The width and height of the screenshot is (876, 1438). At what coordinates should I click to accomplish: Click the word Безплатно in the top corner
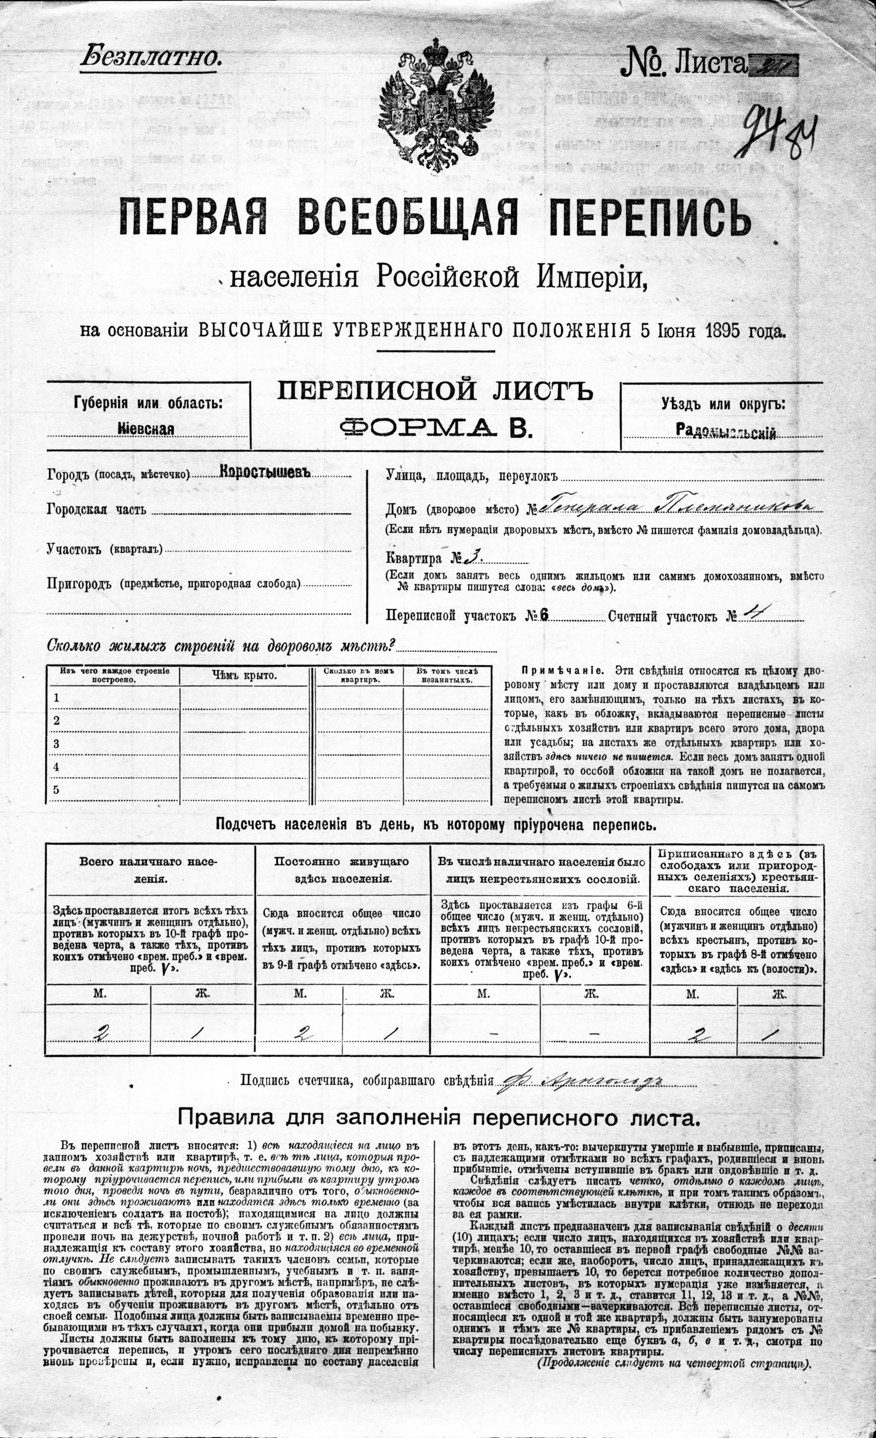[151, 57]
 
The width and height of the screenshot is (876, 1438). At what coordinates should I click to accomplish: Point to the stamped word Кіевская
[146, 429]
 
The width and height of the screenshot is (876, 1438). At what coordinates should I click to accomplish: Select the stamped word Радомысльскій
[725, 431]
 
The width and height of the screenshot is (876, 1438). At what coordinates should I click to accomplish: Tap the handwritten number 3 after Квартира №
[472, 557]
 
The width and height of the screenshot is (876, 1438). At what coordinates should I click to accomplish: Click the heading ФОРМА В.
[437, 429]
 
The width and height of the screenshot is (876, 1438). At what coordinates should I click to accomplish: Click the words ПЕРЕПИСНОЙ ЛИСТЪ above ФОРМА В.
[435, 390]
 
